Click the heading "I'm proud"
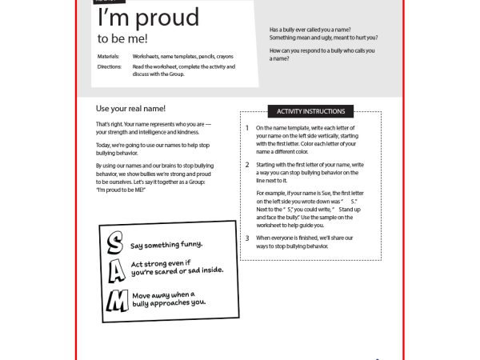pyautogui.click(x=148, y=18)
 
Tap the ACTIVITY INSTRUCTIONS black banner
pyautogui.click(x=310, y=111)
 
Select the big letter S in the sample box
pyautogui.click(x=115, y=242)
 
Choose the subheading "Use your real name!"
pyautogui.click(x=130, y=108)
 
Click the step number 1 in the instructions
pyautogui.click(x=247, y=128)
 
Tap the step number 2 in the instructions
pyautogui.click(x=247, y=164)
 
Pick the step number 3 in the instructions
pyautogui.click(x=247, y=238)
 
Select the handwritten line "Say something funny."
pyautogui.click(x=166, y=244)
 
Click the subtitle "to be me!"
pyautogui.click(x=122, y=38)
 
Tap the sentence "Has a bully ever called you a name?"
pyautogui.click(x=310, y=30)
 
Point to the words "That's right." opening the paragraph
pyautogui.click(x=106, y=125)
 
